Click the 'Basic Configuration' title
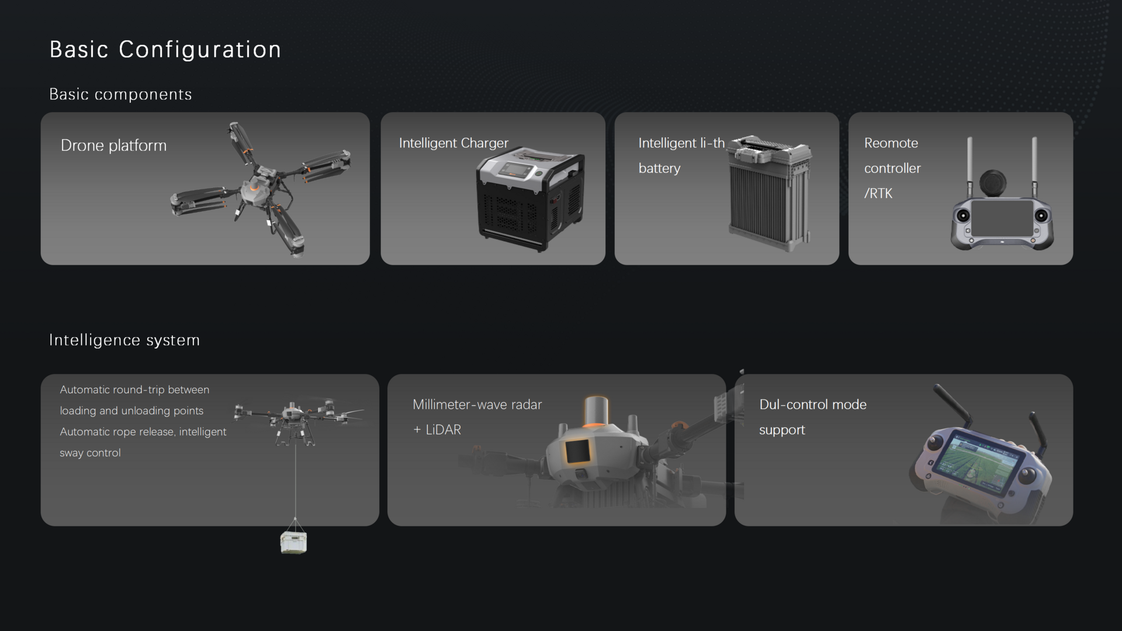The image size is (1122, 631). coord(165,50)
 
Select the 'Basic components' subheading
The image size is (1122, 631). coord(120,95)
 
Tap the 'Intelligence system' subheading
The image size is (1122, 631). coord(124,340)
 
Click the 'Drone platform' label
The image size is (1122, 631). coord(113,145)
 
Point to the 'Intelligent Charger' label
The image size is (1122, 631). coord(453,143)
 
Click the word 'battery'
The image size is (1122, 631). coord(659,168)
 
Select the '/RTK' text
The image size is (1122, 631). coord(878,193)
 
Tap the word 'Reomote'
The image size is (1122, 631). coord(891,143)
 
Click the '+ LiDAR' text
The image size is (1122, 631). coord(437,430)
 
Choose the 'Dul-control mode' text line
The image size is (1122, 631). coord(813,404)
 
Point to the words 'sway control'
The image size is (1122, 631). coord(90,453)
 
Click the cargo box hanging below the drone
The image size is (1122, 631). coord(294,542)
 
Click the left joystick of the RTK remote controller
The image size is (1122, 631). coord(963,216)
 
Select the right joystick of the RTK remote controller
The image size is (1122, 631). coord(1041,216)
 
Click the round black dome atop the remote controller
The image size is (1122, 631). coord(993,182)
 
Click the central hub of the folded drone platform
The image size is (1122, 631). coord(257,190)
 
